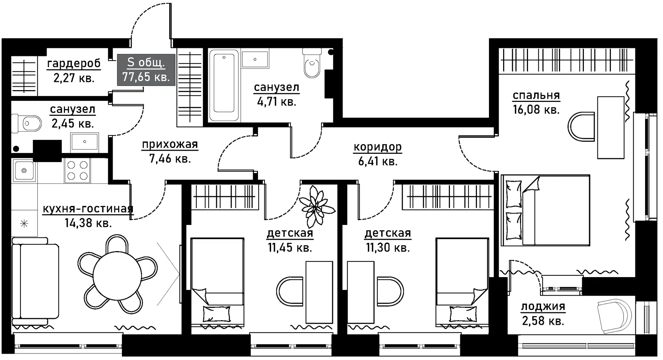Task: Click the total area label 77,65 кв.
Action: [x=146, y=77]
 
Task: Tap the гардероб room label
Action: [x=74, y=64]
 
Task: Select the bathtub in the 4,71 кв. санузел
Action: [x=224, y=85]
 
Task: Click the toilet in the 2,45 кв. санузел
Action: [x=27, y=123]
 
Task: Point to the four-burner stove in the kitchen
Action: [x=77, y=170]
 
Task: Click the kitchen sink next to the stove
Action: [x=24, y=170]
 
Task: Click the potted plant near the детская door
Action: [x=316, y=206]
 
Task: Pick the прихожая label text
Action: [x=170, y=144]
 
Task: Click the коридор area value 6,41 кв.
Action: [x=378, y=161]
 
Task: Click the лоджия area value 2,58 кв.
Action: [x=543, y=321]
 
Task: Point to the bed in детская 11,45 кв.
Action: [x=218, y=282]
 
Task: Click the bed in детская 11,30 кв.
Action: [x=462, y=282]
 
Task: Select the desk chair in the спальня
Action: [x=581, y=126]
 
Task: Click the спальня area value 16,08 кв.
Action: [x=536, y=110]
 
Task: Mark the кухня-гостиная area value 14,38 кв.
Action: [x=88, y=223]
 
